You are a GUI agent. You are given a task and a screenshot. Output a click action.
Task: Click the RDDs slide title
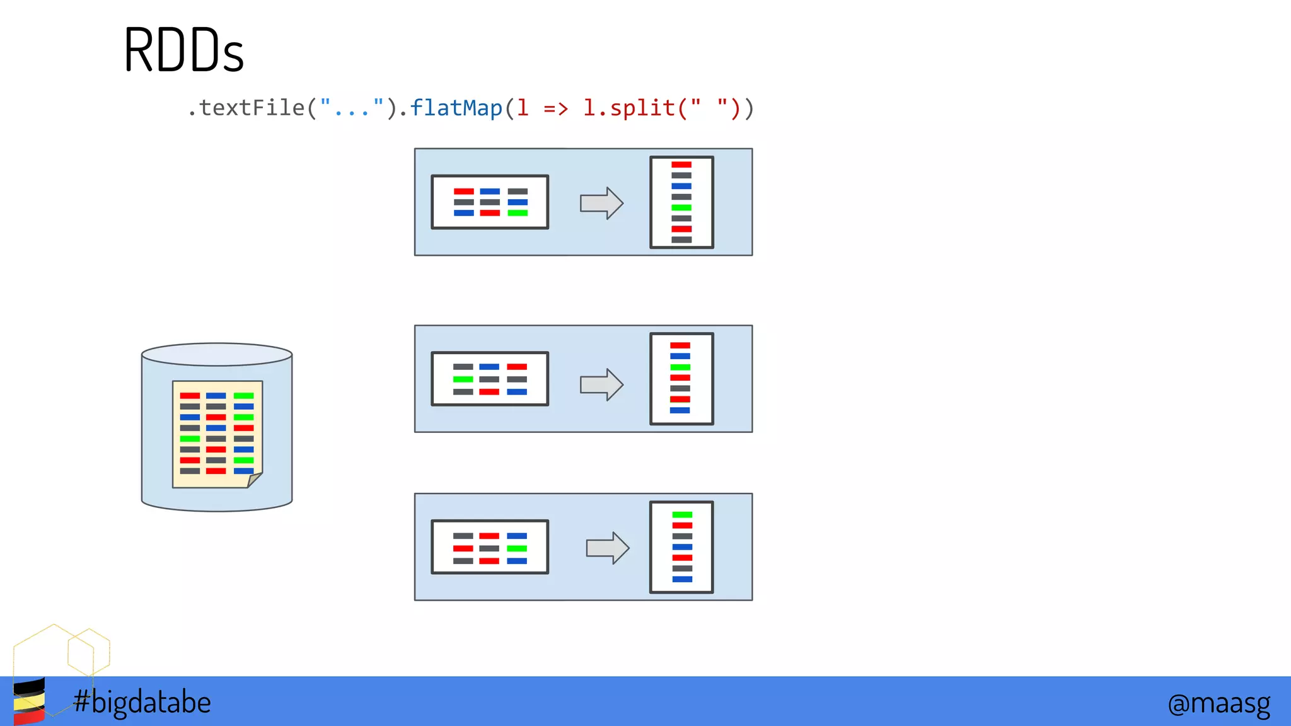pyautogui.click(x=183, y=50)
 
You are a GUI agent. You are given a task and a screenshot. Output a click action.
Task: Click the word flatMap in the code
pyautogui.click(x=456, y=108)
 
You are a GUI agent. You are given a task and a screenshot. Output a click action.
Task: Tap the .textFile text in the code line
pyautogui.click(x=246, y=108)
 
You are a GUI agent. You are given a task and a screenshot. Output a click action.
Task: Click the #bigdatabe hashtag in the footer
pyautogui.click(x=142, y=702)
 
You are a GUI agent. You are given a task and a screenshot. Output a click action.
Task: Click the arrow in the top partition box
pyautogui.click(x=601, y=203)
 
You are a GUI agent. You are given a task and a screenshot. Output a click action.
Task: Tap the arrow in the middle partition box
pyautogui.click(x=601, y=384)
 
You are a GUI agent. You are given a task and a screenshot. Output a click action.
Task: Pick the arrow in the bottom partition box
pyautogui.click(x=607, y=548)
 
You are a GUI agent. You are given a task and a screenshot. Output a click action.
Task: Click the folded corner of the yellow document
pyautogui.click(x=254, y=480)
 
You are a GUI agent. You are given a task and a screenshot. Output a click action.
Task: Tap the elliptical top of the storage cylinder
pyautogui.click(x=217, y=354)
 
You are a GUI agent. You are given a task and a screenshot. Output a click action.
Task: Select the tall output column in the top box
pyautogui.click(x=681, y=202)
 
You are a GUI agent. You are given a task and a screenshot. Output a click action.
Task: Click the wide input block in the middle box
pyautogui.click(x=490, y=379)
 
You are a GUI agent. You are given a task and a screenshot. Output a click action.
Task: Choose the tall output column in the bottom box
pyautogui.click(x=681, y=547)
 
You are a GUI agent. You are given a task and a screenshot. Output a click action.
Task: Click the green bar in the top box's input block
pyautogui.click(x=518, y=213)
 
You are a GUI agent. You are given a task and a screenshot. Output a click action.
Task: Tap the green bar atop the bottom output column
pyautogui.click(x=682, y=515)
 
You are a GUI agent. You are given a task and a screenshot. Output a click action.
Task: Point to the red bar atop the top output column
pyautogui.click(x=681, y=164)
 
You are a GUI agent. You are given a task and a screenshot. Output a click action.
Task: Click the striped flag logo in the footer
pyautogui.click(x=29, y=701)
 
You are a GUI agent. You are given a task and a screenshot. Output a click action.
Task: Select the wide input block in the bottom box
pyautogui.click(x=490, y=547)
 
